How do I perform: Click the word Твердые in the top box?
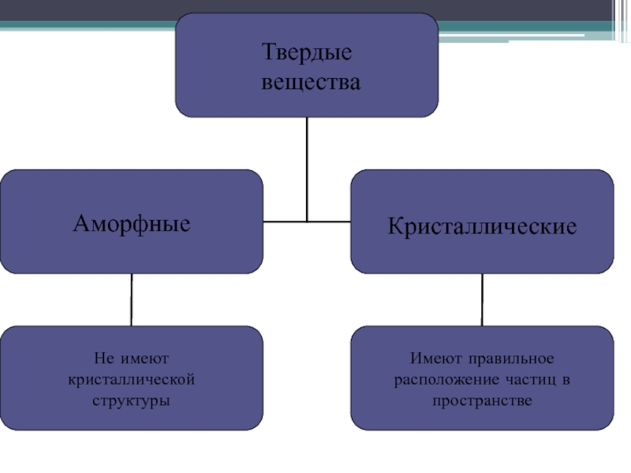click(306, 55)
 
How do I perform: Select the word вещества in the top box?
click(306, 81)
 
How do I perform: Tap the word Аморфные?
click(132, 223)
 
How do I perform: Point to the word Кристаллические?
click(482, 226)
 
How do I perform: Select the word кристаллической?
click(132, 380)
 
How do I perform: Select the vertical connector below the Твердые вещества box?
click(306, 169)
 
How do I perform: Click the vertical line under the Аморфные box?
click(132, 300)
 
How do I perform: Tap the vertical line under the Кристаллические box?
click(482, 300)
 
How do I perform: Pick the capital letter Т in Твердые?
click(267, 55)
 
